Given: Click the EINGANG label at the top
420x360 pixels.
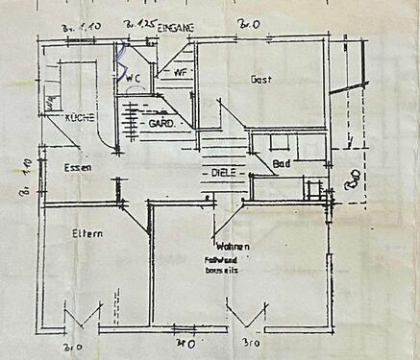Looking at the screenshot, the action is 176,29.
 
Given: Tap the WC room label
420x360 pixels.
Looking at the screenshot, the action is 136,78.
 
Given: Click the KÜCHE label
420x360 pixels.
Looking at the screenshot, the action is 79,117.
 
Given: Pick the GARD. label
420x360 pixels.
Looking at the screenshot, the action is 160,125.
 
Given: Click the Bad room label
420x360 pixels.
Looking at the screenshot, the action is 282,165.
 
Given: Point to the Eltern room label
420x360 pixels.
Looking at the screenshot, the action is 86,233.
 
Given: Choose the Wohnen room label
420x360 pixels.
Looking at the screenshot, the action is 234,247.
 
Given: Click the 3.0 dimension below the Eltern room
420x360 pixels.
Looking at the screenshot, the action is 71,347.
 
